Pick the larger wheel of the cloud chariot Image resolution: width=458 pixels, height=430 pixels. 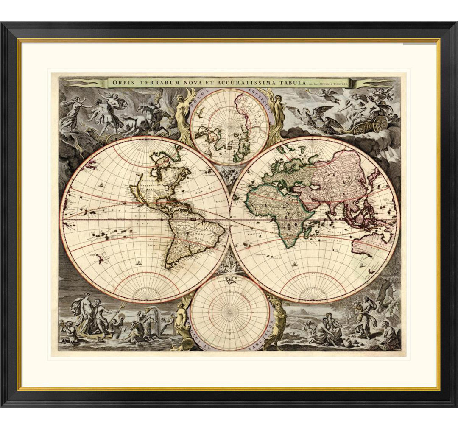(x=380, y=123)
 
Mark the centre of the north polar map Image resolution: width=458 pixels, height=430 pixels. (x=229, y=126)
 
